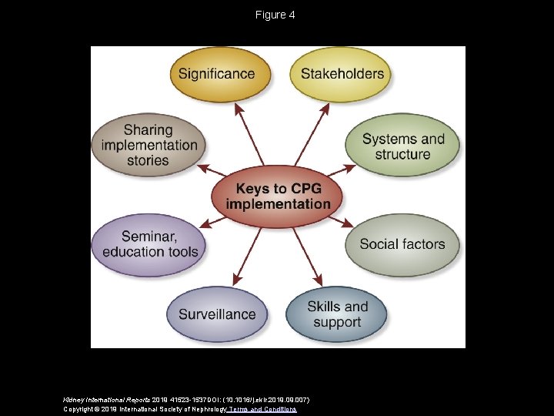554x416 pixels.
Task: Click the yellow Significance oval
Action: click(216, 74)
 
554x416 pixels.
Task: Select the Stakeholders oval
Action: click(342, 74)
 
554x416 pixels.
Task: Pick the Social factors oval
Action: click(402, 244)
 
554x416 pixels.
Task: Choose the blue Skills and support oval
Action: click(337, 314)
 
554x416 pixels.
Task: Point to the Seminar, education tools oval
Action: click(150, 244)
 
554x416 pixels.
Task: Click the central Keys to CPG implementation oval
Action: click(278, 196)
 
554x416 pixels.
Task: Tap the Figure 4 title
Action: click(275, 15)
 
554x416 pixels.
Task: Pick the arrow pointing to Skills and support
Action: click(307, 255)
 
